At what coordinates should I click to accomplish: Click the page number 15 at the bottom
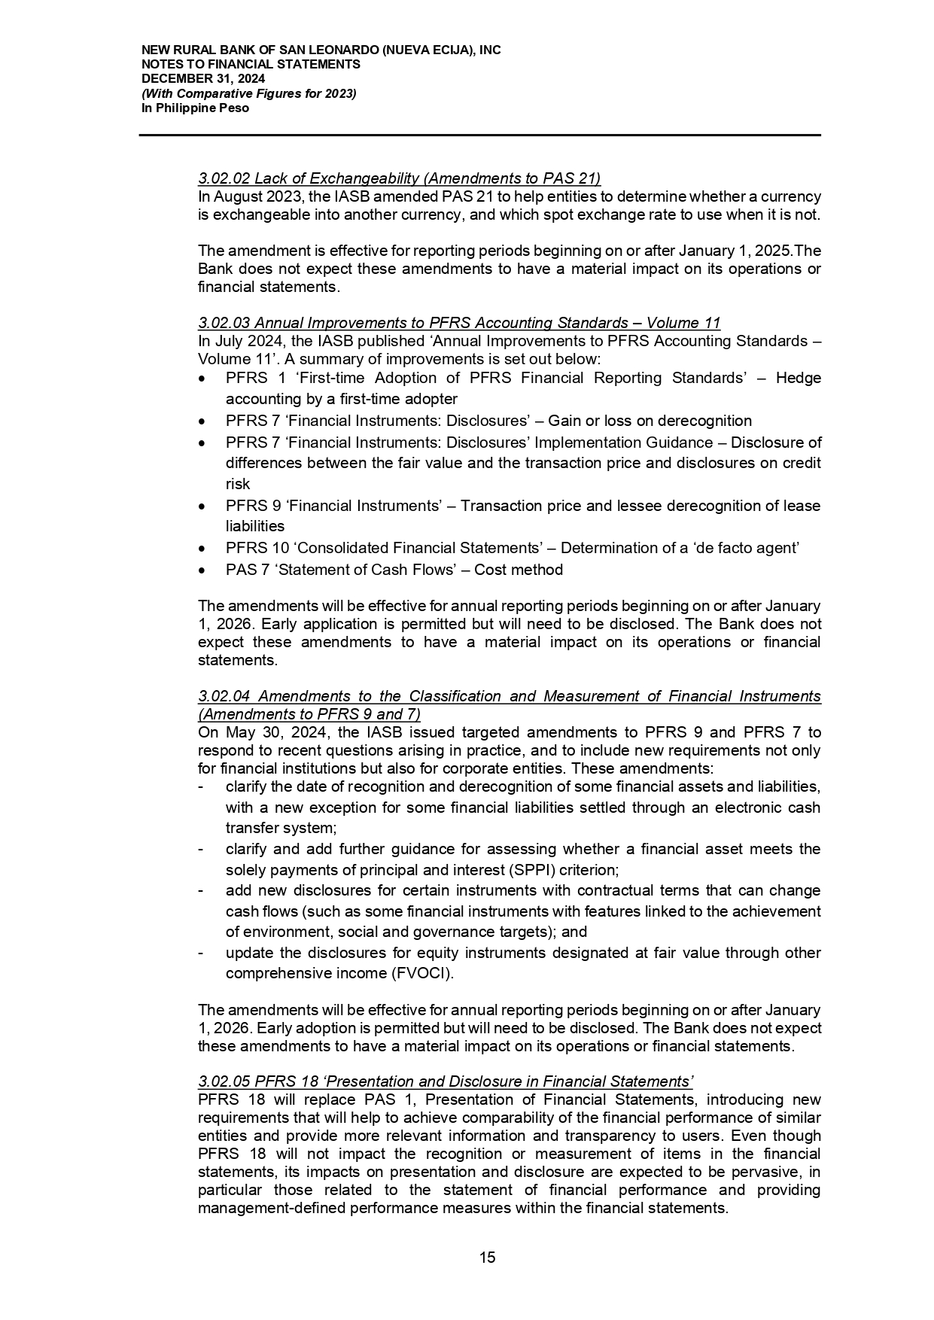click(487, 1257)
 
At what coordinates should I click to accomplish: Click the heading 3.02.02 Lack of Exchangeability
click(399, 178)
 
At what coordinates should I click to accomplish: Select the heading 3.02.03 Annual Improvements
click(459, 323)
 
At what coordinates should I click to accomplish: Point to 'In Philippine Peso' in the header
click(195, 108)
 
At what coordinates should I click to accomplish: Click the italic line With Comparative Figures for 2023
click(249, 93)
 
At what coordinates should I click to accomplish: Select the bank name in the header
click(321, 50)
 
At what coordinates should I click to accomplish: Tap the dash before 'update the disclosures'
click(200, 953)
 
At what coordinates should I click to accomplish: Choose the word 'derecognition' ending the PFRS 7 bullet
click(707, 421)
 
